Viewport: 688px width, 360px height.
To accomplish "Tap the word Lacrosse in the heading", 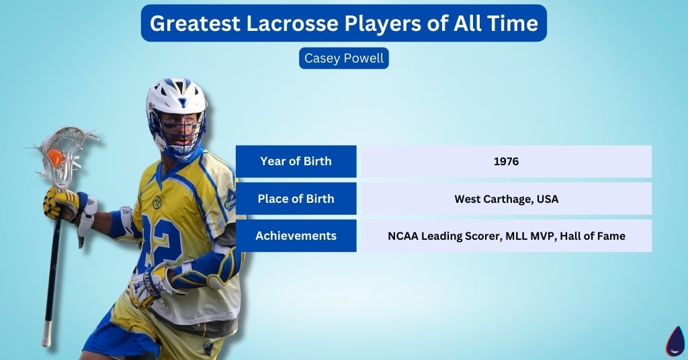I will [x=293, y=24].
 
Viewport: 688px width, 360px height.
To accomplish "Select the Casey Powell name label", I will [x=344, y=58].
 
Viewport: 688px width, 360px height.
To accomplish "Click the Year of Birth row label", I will [x=296, y=161].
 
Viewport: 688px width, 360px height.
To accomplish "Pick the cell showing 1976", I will [x=506, y=161].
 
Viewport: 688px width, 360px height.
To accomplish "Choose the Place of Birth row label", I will [x=296, y=199].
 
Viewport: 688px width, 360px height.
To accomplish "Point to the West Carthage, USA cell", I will [x=506, y=199].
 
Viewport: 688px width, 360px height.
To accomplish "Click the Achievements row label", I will [x=296, y=236].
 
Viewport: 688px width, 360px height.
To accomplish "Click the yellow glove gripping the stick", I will [x=61, y=202].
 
